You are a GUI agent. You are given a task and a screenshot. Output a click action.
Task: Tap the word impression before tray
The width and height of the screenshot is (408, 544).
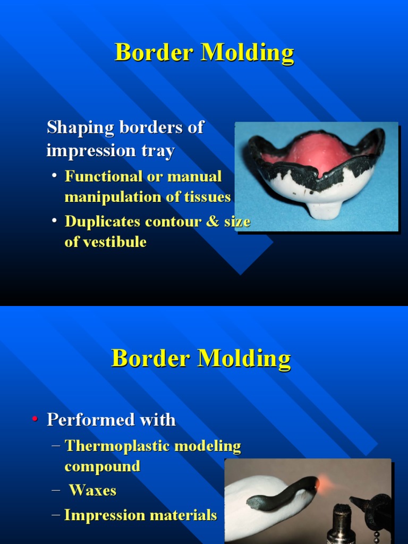click(83, 151)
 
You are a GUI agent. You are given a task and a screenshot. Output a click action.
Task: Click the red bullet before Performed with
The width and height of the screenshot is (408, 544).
click(35, 420)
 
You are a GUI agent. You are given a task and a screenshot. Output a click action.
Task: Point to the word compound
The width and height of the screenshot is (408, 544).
click(103, 466)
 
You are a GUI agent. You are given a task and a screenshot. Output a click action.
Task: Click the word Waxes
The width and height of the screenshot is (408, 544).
click(93, 490)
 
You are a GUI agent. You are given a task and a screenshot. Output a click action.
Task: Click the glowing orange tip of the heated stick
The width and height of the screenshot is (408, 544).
click(316, 483)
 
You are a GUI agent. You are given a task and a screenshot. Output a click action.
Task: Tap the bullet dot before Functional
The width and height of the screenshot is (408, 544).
click(55, 176)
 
